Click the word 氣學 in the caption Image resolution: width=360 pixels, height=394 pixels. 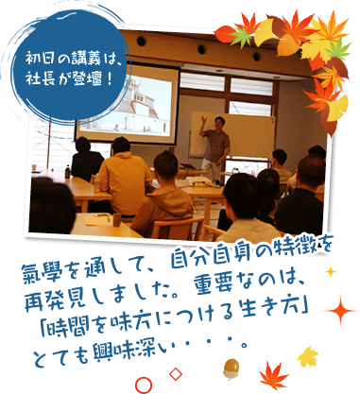39,274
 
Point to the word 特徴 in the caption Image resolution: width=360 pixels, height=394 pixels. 283,249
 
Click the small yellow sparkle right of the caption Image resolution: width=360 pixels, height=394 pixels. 331,275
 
